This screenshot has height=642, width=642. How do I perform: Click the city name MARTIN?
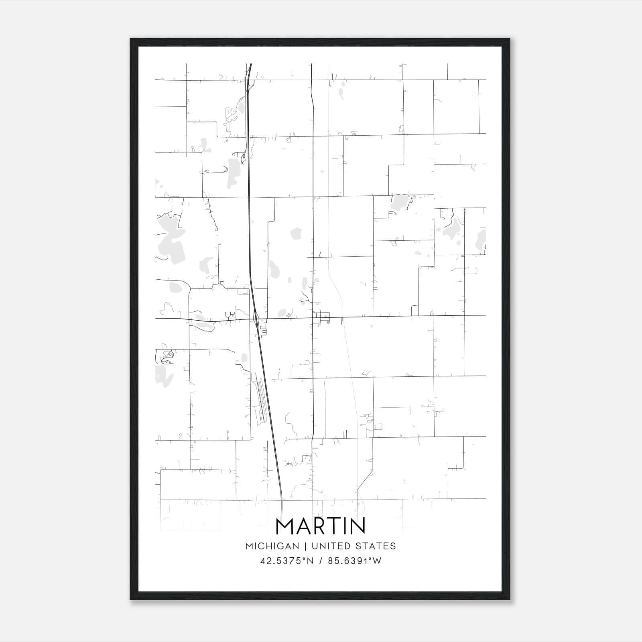click(x=321, y=526)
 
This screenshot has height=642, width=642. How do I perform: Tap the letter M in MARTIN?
click(x=285, y=526)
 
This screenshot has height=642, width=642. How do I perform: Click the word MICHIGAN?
click(x=272, y=546)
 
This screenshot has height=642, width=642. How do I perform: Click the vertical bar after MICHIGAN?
click(x=305, y=546)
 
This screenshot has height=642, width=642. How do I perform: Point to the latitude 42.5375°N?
click(x=286, y=561)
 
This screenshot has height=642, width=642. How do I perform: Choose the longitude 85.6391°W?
click(x=354, y=561)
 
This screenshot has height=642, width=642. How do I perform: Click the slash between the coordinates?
click(x=321, y=561)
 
